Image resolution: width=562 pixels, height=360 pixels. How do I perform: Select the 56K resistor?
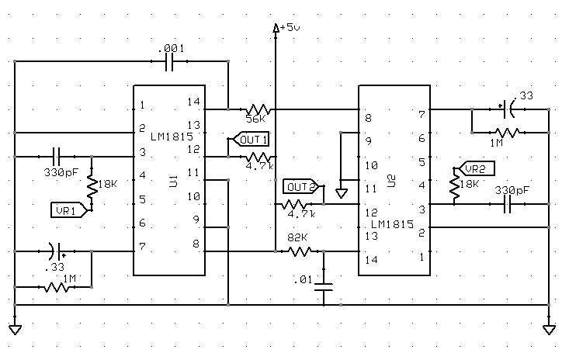256,109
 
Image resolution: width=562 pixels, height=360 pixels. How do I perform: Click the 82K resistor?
299,251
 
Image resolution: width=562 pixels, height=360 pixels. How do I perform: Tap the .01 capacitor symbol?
324,288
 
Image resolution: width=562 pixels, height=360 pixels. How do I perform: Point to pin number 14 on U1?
194,102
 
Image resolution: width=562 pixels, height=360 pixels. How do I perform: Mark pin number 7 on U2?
421,115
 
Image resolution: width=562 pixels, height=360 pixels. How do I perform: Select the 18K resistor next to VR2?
455,188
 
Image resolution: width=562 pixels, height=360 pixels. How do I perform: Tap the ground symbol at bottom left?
15,329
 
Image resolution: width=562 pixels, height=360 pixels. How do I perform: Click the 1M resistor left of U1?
58,287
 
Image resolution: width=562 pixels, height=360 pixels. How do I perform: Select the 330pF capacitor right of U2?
508,204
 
